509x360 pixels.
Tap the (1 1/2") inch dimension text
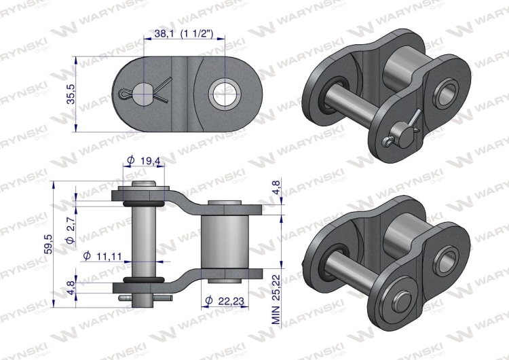(197, 34)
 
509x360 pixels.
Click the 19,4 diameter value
(150, 162)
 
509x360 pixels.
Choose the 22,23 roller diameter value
(232, 300)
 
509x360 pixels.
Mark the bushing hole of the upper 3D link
(449, 91)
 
